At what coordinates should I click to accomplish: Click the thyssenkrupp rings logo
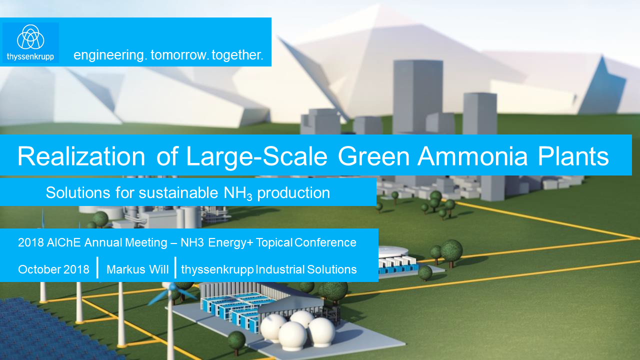(x=30, y=37)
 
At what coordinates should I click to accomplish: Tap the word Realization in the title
(x=81, y=156)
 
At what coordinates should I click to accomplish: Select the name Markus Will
(x=137, y=269)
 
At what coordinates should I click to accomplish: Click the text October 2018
(x=53, y=269)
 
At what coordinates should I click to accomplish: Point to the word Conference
(x=325, y=243)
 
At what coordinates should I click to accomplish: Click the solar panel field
(x=45, y=330)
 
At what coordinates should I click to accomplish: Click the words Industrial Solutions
(x=306, y=269)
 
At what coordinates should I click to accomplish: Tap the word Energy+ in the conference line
(x=230, y=243)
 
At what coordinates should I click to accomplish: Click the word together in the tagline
(x=237, y=55)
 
